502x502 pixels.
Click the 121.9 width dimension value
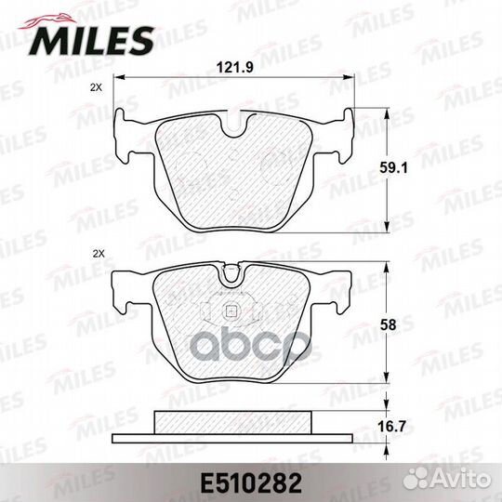click(234, 68)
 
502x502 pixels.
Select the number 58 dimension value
click(388, 325)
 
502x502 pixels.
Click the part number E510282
click(251, 483)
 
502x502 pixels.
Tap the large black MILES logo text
click(91, 41)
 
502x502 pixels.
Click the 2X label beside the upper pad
click(96, 87)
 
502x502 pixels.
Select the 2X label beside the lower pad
click(99, 254)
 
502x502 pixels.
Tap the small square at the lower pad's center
click(230, 310)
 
